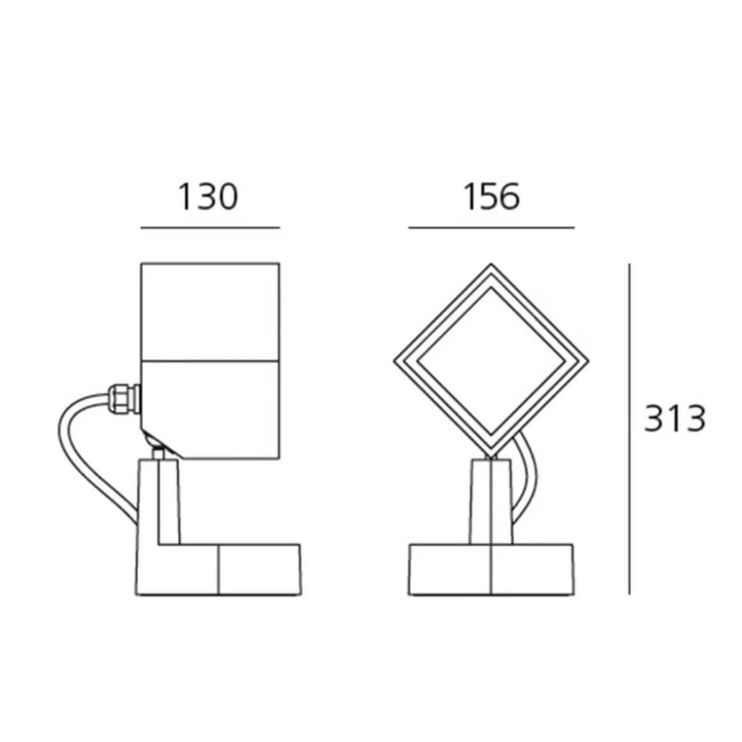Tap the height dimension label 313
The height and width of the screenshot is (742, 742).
click(x=675, y=419)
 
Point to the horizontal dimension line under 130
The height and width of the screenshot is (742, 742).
click(x=210, y=227)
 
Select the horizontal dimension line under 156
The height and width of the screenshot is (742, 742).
click(x=491, y=227)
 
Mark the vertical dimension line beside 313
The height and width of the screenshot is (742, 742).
click(x=629, y=429)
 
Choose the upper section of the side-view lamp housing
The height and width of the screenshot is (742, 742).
click(x=210, y=312)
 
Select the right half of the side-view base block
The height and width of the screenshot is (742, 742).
click(x=259, y=569)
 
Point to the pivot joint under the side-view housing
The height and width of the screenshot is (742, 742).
click(x=157, y=448)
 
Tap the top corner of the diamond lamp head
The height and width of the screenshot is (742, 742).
click(x=491, y=266)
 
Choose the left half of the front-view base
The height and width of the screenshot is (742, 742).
click(x=450, y=569)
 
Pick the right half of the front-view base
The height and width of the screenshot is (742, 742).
click(x=532, y=569)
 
